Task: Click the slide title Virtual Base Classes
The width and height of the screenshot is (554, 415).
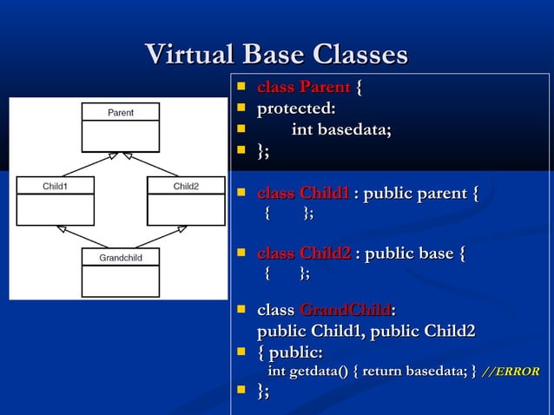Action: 276,55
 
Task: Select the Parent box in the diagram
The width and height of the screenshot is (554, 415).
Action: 121,127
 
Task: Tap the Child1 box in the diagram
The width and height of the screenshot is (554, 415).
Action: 56,201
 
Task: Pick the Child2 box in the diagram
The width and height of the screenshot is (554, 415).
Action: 186,201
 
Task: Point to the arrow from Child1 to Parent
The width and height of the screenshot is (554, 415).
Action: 87,164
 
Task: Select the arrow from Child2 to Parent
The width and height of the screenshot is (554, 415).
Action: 155,164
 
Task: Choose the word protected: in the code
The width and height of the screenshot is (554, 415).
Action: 296,109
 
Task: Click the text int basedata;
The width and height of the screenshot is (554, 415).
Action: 341,130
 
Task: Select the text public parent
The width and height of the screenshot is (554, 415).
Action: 417,193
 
